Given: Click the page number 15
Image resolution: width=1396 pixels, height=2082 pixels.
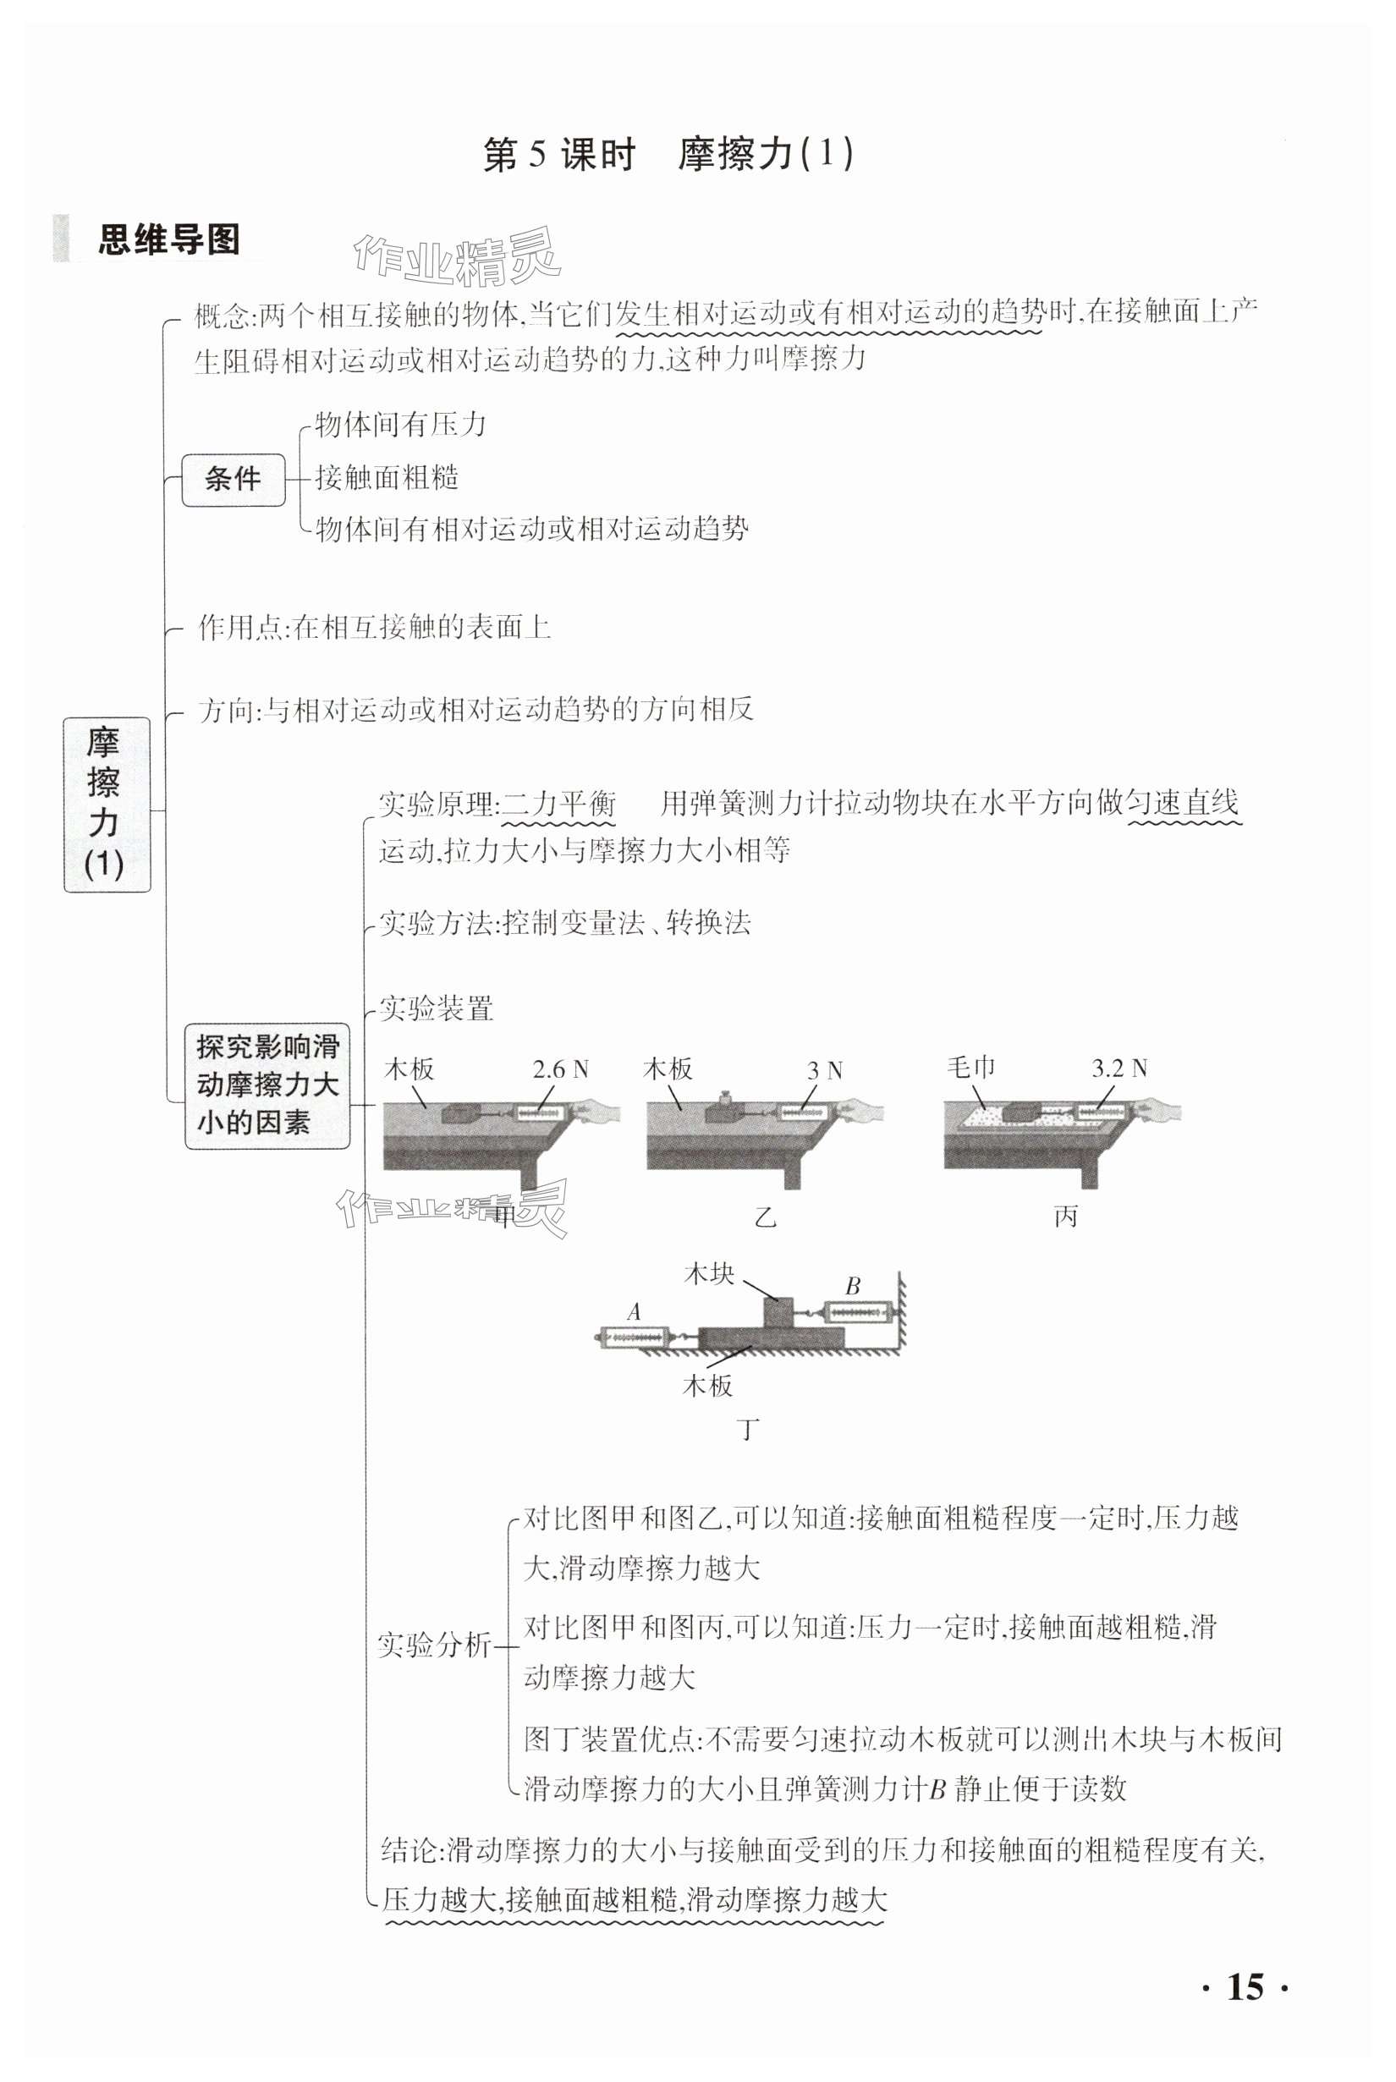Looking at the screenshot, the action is pos(1245,1986).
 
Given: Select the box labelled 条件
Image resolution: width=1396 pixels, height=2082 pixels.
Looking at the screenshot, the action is pos(234,480).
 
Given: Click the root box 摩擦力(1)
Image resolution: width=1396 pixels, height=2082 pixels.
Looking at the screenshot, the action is pos(106,805).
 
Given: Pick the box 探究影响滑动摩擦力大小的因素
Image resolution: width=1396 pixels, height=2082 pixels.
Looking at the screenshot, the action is pos(267,1085).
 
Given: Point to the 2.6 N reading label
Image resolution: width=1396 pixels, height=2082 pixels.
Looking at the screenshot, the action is pos(560,1069).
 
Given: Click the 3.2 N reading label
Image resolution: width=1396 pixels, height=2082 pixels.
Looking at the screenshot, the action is pos(1119,1068).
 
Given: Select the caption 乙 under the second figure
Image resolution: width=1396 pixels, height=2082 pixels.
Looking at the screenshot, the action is pos(765,1217).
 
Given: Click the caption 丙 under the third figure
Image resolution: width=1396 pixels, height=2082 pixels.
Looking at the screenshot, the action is pos(1066,1217).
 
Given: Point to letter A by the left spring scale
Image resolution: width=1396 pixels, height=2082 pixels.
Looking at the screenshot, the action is pos(634,1311).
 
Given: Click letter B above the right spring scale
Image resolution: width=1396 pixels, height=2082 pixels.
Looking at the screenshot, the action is pos(852,1286).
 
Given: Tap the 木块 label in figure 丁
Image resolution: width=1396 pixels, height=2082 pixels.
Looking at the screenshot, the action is pos(709,1274).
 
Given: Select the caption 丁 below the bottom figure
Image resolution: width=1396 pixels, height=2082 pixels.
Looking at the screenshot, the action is pos(749,1431).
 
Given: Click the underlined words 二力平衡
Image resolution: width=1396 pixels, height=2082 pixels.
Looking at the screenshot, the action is pos(559,804).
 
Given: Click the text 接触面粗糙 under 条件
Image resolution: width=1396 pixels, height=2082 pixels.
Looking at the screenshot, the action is pos(387,478).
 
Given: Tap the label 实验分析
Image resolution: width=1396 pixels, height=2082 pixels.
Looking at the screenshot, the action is pos(433,1645).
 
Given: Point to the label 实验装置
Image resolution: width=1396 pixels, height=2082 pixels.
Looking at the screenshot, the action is pos(437,1008).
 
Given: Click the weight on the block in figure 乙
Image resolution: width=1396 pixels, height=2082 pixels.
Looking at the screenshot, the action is pos(725,1098).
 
